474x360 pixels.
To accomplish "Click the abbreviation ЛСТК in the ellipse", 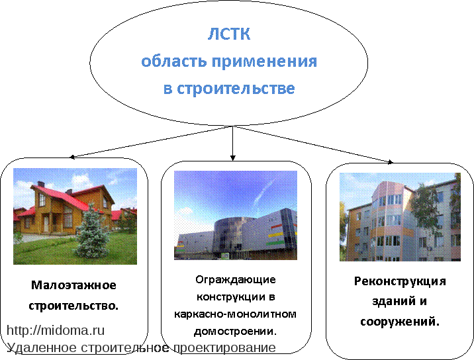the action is coord(229,34).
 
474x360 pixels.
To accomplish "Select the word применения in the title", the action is coord(264,62).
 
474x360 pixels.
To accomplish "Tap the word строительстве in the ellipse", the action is coord(236,89).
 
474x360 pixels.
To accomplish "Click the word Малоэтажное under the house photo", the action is coord(73,285).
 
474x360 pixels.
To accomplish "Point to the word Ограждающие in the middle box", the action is coord(236,280).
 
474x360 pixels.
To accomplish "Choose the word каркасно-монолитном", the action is coord(235,314).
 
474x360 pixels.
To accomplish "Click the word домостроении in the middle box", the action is coord(234,332).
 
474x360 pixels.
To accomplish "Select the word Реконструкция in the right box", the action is coord(400,282).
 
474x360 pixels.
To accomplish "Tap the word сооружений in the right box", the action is coord(398,322).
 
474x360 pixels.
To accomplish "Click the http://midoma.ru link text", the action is coord(56,330).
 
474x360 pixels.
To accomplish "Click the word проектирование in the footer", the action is coord(224,348).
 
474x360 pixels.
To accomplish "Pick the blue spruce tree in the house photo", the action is coord(93,231).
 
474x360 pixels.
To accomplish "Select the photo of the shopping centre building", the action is coord(236,215).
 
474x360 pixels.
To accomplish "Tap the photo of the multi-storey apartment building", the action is coord(400,217).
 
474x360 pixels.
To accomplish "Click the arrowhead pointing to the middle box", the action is coord(233,157).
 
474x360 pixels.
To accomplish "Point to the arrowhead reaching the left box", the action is coord(72,157).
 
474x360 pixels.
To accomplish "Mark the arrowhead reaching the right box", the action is coord(391,162).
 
